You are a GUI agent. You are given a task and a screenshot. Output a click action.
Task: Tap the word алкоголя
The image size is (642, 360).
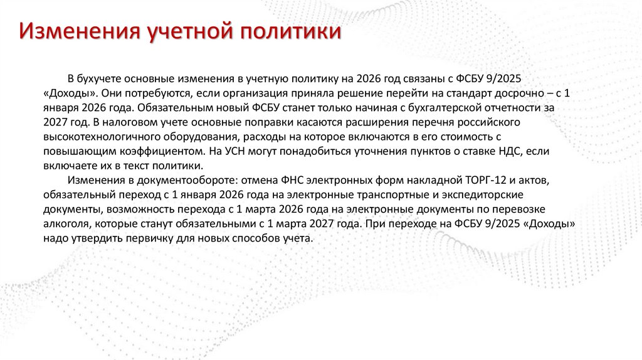[x=66, y=225]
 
